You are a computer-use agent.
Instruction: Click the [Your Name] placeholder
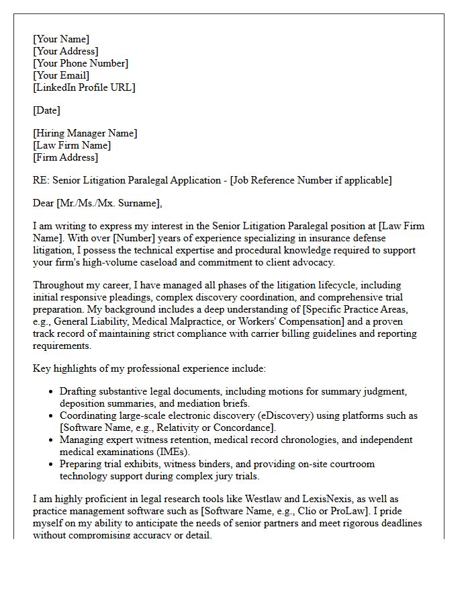point(61,39)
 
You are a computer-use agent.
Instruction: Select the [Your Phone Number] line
point(81,63)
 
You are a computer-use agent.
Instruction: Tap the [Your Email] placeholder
point(61,75)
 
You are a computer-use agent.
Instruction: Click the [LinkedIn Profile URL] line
point(84,87)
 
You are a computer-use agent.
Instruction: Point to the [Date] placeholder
point(46,110)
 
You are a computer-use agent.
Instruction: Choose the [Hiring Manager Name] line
point(85,133)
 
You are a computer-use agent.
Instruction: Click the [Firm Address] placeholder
point(65,157)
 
